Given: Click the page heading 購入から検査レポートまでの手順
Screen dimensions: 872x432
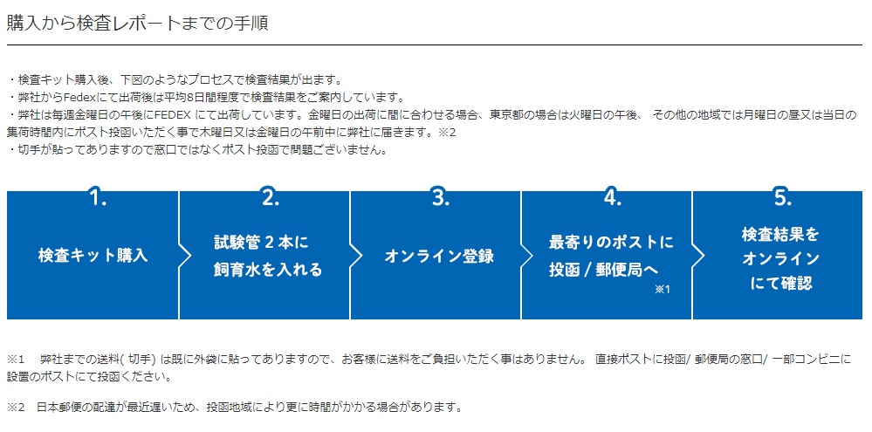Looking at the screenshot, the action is [x=137, y=24].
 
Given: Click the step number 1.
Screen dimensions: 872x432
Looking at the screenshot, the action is [x=98, y=198].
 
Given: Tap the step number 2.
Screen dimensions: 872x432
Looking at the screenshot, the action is [x=270, y=198].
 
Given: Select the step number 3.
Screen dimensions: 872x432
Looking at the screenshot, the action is [x=441, y=198].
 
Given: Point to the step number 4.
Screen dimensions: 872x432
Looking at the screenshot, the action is [x=612, y=198].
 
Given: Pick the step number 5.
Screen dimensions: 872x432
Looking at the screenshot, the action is [x=782, y=198].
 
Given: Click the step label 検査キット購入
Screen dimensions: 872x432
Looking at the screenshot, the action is [x=93, y=257].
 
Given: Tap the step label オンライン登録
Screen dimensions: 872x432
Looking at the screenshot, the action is [x=439, y=257].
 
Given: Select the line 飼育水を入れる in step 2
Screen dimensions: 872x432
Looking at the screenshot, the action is [x=268, y=271].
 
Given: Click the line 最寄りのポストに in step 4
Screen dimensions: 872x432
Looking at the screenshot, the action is [x=611, y=243].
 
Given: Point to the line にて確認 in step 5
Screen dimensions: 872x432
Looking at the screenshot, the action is [x=781, y=284].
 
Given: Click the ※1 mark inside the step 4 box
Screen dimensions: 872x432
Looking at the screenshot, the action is [x=663, y=290].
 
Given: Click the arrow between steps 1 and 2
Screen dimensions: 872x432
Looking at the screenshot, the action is [x=185, y=256].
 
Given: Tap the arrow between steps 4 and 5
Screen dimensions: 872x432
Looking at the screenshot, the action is [x=698, y=256].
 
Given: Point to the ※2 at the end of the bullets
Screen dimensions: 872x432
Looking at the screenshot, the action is [x=449, y=133].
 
